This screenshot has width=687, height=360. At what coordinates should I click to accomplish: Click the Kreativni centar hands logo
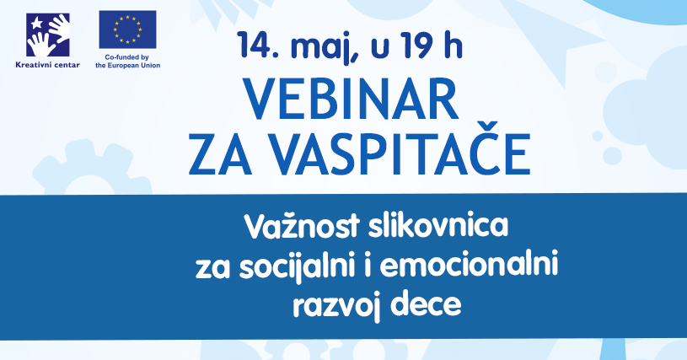(48, 35)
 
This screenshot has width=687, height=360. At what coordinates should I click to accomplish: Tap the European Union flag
(127, 30)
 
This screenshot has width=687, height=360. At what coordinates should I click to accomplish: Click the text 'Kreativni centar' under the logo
(48, 65)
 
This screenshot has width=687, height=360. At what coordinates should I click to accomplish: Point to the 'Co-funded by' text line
(127, 57)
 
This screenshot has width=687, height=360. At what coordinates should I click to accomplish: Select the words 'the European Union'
(127, 66)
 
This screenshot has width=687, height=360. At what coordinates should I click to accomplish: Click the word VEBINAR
(351, 99)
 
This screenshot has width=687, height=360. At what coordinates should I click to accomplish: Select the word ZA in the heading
(220, 154)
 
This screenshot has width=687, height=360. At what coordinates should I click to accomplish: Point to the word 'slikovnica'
(438, 225)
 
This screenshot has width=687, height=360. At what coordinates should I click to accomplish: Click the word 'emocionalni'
(469, 265)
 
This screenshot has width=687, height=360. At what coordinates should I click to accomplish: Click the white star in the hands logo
(37, 22)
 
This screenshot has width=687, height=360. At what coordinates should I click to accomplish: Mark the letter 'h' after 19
(454, 45)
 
